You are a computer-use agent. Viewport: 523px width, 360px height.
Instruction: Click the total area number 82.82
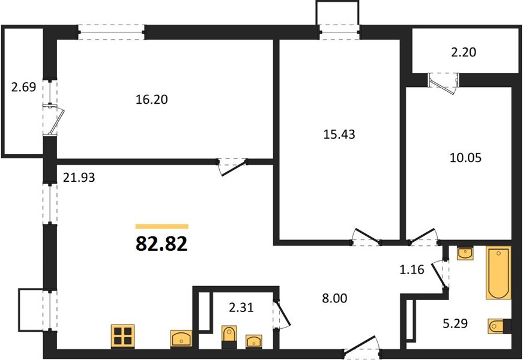point(162,244)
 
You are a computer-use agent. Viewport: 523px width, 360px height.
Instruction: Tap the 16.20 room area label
point(151,100)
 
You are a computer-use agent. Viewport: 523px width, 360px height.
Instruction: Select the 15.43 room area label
point(339,134)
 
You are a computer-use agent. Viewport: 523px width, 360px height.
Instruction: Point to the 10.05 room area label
point(465,157)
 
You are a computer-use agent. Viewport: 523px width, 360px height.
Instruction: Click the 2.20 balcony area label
point(464,52)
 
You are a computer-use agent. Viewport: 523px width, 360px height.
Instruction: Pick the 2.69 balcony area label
point(23,88)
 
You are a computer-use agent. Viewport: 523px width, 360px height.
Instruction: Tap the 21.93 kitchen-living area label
point(79,178)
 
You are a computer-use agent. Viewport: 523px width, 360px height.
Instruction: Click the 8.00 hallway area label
point(334,298)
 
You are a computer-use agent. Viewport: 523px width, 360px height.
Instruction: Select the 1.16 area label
point(412,269)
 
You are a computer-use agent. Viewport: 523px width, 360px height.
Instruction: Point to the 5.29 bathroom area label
point(455,323)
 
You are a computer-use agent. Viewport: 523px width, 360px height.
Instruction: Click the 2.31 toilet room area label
point(241,307)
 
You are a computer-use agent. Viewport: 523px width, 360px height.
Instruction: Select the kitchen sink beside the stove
point(181,338)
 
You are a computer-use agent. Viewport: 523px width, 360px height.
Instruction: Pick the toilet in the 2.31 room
point(229,337)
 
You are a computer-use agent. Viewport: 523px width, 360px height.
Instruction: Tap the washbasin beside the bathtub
point(465,254)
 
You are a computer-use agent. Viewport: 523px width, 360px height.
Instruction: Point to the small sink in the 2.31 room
point(254,341)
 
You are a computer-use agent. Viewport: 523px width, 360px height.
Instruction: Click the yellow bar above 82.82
point(162,227)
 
